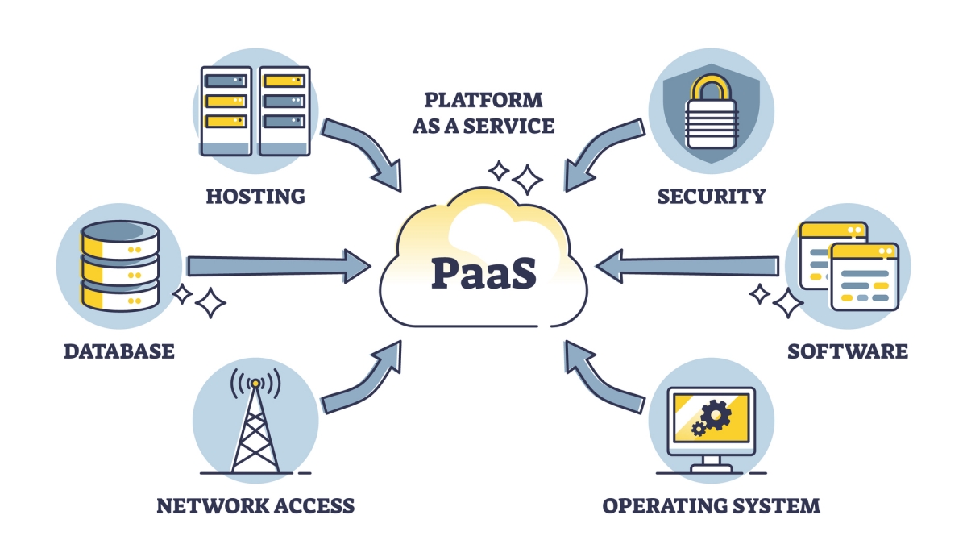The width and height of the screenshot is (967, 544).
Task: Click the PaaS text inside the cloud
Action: (483, 274)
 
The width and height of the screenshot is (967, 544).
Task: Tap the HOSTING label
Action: (255, 195)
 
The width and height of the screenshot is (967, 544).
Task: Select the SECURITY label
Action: (711, 195)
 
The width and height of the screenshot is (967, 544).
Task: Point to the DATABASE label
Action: (119, 351)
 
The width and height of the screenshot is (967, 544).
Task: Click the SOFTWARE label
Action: (848, 351)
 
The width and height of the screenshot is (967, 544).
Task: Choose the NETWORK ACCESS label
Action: (255, 505)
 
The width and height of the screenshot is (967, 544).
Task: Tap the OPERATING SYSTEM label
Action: (712, 505)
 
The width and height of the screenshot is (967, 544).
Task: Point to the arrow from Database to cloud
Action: (274, 266)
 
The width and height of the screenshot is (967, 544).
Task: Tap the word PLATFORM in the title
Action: (483, 101)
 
